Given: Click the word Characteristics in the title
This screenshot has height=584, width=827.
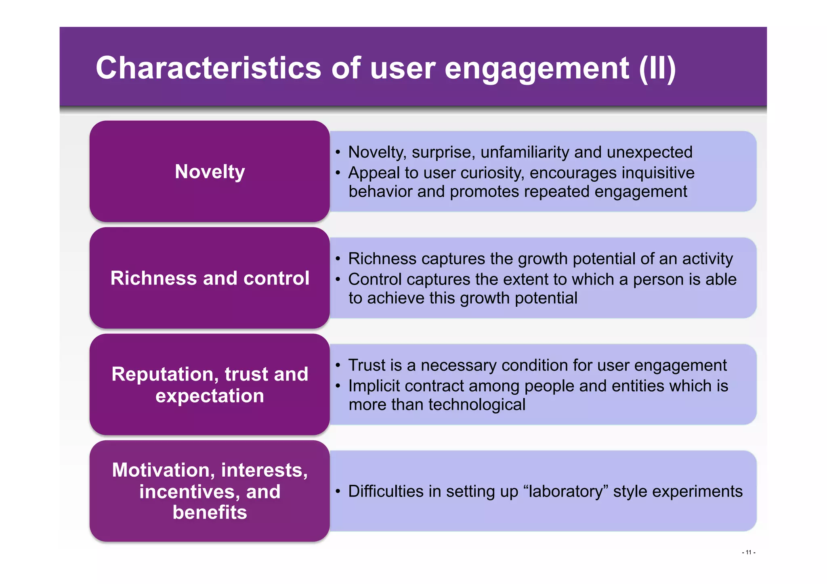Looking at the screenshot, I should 208,68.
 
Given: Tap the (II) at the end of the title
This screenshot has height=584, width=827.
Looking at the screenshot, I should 657,68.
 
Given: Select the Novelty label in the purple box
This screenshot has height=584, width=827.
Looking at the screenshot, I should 210,172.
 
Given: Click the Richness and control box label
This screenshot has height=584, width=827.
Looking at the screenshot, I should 210,278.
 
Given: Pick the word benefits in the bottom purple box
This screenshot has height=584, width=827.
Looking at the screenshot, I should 210,512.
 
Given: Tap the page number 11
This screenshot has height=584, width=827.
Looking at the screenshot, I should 748,552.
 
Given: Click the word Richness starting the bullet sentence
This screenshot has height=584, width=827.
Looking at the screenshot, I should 382,259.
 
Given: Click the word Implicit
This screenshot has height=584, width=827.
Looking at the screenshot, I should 374,386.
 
